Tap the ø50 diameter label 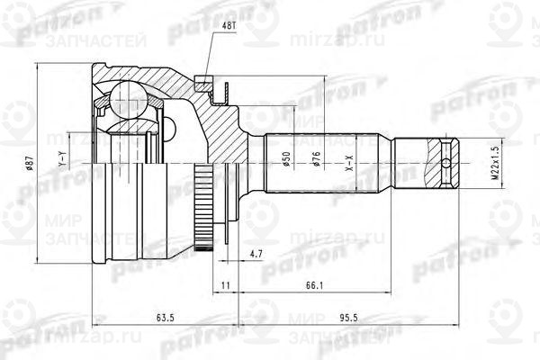pyautogui.click(x=286, y=162)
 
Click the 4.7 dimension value pyautogui.click(x=256, y=256)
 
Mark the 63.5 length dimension pyautogui.click(x=165, y=319)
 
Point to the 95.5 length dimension pyautogui.click(x=359, y=319)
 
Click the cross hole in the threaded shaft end pyautogui.click(x=448, y=164)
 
